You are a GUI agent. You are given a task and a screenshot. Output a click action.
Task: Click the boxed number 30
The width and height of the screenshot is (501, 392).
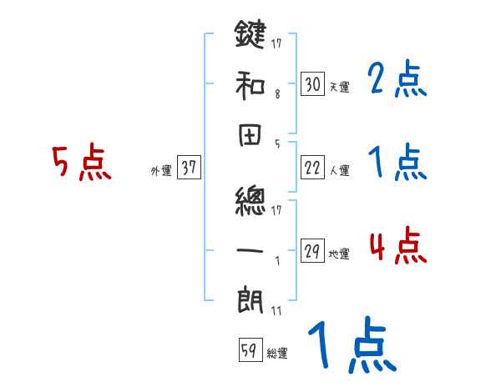click(312, 83)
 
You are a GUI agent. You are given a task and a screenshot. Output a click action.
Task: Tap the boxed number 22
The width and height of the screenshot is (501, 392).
click(312, 168)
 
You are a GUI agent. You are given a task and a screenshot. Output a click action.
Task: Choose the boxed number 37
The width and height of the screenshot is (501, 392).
click(189, 168)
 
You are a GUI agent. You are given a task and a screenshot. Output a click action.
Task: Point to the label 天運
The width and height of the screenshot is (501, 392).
click(339, 87)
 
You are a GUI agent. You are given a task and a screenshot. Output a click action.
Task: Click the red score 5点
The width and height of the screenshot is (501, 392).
click(82, 163)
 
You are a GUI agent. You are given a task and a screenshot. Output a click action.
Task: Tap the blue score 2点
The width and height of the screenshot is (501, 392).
click(397, 80)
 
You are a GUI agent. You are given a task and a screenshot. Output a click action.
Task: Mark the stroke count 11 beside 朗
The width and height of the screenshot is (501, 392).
click(276, 311)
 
